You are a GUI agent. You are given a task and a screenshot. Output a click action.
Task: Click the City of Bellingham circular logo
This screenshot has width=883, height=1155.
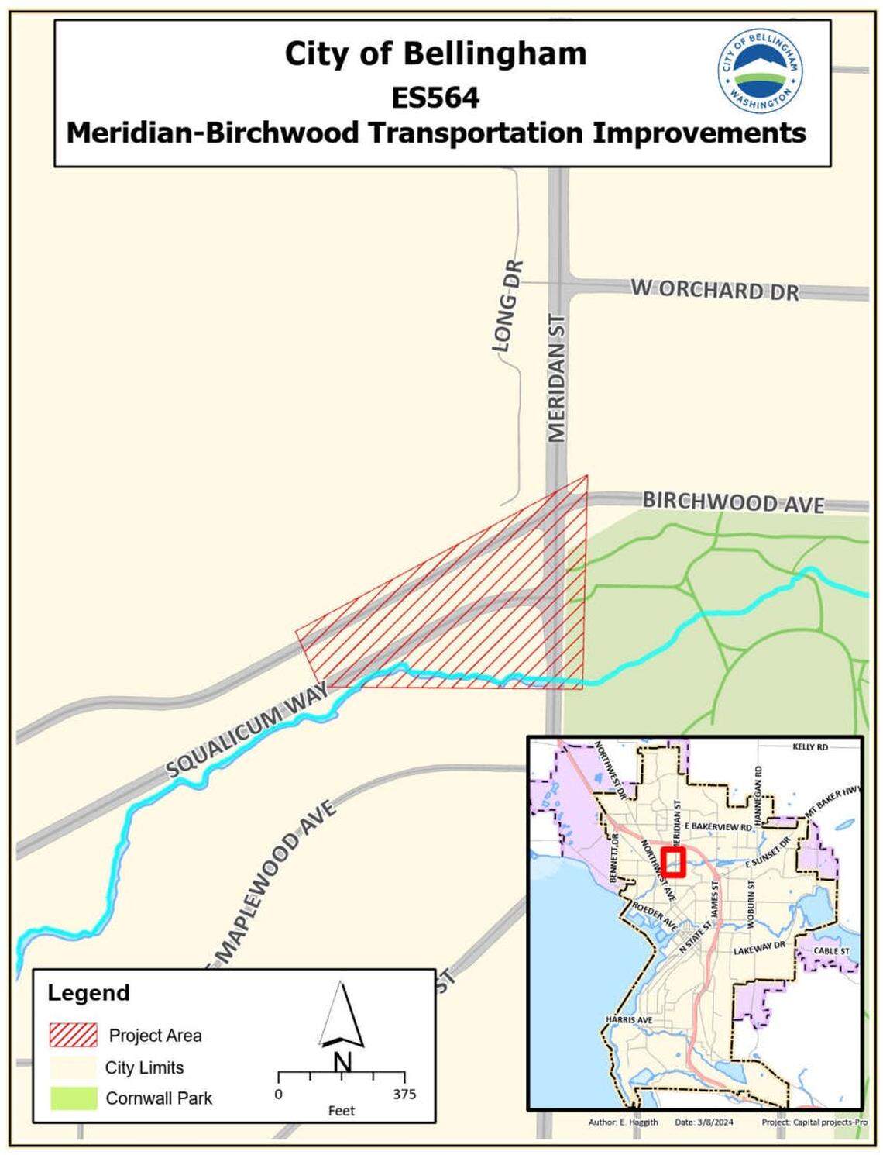tap(760, 72)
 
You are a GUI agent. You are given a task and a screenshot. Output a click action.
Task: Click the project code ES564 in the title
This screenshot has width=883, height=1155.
tap(435, 98)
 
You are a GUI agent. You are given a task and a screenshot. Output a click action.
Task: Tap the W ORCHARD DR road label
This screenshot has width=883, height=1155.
tap(714, 290)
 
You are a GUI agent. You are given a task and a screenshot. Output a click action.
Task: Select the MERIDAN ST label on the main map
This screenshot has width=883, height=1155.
tap(558, 378)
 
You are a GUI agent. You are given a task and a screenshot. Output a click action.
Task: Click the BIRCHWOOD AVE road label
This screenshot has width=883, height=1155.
tap(733, 502)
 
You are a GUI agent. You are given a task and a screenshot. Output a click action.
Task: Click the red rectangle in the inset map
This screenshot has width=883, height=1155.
tap(674, 862)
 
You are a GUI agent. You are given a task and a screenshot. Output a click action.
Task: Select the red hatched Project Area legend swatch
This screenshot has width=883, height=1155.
tap(73, 1035)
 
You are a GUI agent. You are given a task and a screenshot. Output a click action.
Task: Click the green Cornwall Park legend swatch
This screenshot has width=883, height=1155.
tap(73, 1098)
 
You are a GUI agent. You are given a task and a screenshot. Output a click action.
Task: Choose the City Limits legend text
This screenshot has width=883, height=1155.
tap(145, 1067)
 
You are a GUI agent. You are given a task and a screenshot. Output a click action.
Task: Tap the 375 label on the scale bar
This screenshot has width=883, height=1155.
tap(404, 1094)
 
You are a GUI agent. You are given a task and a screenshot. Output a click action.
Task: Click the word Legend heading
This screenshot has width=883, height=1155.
tap(88, 993)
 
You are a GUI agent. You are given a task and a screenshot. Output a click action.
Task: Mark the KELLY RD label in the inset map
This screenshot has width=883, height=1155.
tap(810, 746)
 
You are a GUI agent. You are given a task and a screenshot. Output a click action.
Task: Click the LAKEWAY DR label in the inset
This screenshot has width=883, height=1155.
tap(759, 948)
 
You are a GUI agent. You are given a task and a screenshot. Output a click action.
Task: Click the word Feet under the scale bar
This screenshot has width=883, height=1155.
tap(341, 1111)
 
